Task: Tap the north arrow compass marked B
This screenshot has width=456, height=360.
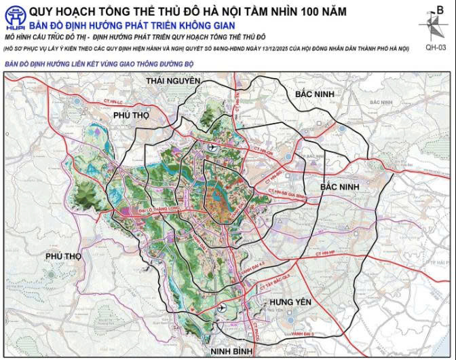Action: coord(432,22)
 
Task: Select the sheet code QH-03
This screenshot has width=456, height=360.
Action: coord(435,48)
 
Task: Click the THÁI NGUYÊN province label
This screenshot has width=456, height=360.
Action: coord(174,81)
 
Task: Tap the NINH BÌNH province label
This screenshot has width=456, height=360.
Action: coord(232,350)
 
